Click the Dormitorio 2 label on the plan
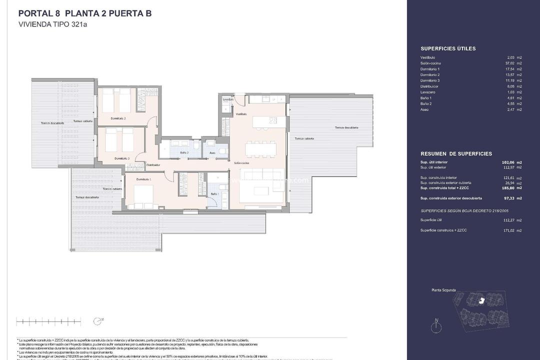point(118,118)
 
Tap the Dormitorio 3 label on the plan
point(121,158)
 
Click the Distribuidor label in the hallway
point(153,164)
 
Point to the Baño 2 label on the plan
point(184,152)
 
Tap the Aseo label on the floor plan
point(212,152)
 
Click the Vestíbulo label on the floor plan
point(241,114)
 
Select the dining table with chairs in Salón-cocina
point(260,148)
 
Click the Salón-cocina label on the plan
point(241,163)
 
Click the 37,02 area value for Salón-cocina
point(510,63)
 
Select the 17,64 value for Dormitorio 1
point(510,69)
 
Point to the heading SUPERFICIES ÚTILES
point(448,48)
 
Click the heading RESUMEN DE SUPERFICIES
point(456,153)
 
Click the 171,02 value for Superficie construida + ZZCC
point(510,230)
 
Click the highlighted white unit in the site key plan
point(481,300)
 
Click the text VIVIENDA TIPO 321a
point(52,24)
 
